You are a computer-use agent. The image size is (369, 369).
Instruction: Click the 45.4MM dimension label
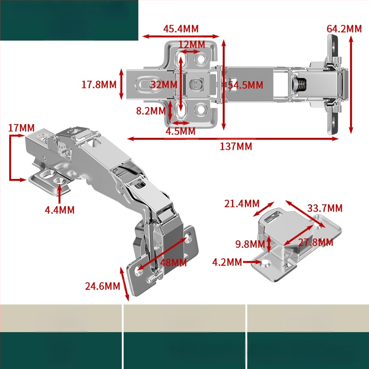(x=181, y=29)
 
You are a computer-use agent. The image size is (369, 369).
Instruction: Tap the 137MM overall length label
(x=236, y=146)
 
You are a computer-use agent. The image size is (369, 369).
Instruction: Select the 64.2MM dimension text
(x=344, y=29)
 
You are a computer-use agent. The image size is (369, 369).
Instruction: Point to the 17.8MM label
(x=99, y=84)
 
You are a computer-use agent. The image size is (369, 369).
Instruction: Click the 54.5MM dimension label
(x=245, y=85)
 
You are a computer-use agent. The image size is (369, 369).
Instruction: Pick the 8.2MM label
(x=151, y=111)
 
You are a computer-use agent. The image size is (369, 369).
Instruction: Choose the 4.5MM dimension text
(x=180, y=131)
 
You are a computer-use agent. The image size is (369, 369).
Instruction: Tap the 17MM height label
(x=21, y=128)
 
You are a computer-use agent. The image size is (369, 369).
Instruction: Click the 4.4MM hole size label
(x=60, y=210)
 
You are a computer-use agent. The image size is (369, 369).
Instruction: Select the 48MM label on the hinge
(x=173, y=262)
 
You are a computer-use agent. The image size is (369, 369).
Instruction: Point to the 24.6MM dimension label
(x=102, y=286)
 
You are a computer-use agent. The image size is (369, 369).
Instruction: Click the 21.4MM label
(x=242, y=203)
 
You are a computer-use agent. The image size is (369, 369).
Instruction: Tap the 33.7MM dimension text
(x=325, y=208)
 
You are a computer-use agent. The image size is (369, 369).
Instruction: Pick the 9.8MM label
(x=250, y=244)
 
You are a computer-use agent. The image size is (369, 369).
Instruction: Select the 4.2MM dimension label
(x=227, y=262)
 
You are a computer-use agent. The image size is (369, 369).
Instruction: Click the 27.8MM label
(x=315, y=243)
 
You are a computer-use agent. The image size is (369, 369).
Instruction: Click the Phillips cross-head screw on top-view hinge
(x=196, y=84)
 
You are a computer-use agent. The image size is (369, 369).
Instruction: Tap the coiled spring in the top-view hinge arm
(x=299, y=84)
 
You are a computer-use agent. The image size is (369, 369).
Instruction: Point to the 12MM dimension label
(x=192, y=44)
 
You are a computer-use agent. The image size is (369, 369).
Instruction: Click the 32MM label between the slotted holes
(x=164, y=84)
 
